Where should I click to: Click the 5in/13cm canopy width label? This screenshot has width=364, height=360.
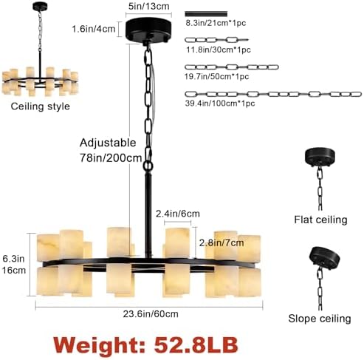(x=149, y=7)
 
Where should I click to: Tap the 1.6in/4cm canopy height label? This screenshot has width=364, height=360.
(x=94, y=29)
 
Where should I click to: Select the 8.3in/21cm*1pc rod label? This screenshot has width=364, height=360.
(x=216, y=23)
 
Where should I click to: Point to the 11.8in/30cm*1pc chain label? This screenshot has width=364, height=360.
(x=219, y=50)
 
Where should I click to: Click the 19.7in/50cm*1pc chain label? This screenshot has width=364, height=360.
(x=217, y=76)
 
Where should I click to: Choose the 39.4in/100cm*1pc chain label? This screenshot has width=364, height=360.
(x=220, y=103)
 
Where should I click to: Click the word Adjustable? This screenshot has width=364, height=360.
(x=108, y=143)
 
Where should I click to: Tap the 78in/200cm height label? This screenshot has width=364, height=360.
(x=111, y=158)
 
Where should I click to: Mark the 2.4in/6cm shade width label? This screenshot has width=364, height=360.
(x=178, y=214)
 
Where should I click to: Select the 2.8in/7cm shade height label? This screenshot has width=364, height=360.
(x=222, y=243)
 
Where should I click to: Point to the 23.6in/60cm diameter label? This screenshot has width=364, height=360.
(x=151, y=314)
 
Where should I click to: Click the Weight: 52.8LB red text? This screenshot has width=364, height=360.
(x=145, y=344)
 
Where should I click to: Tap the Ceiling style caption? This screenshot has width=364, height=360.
(x=41, y=106)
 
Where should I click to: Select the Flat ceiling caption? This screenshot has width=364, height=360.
(x=320, y=220)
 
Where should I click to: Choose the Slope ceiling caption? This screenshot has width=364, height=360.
(x=320, y=319)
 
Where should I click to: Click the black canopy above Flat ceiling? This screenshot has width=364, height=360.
(x=320, y=156)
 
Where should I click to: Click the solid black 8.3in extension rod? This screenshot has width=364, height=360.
(x=206, y=14)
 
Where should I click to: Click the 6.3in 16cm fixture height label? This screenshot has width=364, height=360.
(x=14, y=265)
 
